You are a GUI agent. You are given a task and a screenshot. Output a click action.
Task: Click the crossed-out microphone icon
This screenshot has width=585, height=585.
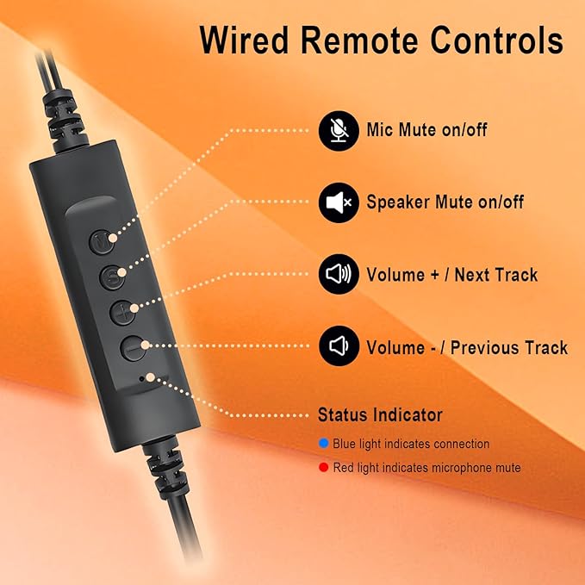click(339, 131)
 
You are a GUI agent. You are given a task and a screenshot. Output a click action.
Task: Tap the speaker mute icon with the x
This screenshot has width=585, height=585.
click(339, 202)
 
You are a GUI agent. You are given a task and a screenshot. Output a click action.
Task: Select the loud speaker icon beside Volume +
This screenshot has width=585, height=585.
click(339, 274)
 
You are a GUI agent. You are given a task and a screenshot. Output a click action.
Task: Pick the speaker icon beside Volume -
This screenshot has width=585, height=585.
click(339, 345)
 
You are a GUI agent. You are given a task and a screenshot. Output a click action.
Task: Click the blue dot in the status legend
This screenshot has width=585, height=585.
click(323, 443)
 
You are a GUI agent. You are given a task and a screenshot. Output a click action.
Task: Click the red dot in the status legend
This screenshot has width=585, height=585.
click(323, 467)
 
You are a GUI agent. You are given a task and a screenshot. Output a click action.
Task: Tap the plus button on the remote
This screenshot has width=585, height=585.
click(123, 312)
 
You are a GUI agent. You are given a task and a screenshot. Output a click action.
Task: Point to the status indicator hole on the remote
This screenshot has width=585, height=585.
click(141, 379)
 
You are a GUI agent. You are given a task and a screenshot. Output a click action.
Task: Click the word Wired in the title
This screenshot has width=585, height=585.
click(245, 40)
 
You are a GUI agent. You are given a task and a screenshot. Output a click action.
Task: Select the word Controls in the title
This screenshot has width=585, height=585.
click(496, 40)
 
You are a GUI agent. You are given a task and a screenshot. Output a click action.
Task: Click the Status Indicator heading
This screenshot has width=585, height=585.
click(380, 415)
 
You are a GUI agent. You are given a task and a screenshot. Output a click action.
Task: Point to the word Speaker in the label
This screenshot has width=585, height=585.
click(398, 202)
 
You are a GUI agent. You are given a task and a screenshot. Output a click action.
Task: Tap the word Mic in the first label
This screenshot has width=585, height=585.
click(380, 130)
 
